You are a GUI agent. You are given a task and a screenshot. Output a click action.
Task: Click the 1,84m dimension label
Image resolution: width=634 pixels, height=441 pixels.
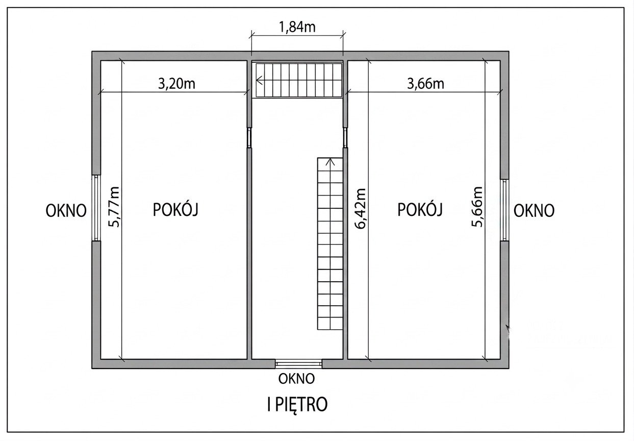click(x=297, y=28)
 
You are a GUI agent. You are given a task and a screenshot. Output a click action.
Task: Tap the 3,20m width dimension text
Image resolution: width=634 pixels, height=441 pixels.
click(x=176, y=84)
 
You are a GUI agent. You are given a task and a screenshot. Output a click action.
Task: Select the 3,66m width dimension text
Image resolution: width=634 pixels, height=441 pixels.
click(x=425, y=84)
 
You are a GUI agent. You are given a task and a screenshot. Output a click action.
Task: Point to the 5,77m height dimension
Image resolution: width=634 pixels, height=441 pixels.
click(x=114, y=207)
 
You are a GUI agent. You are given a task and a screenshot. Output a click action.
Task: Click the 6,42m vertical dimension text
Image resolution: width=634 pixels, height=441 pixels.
click(x=360, y=208)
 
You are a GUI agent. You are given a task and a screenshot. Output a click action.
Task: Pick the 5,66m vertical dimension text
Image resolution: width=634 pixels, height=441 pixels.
click(x=476, y=207)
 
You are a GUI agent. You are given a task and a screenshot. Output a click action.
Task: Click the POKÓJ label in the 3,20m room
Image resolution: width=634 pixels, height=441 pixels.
click(x=175, y=209)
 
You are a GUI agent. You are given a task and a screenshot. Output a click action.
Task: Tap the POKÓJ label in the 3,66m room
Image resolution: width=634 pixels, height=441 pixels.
click(x=420, y=209)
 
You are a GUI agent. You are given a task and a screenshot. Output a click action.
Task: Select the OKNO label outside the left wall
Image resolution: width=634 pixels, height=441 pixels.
click(x=66, y=211)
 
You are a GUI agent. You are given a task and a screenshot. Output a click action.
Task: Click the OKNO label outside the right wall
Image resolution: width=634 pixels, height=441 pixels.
click(x=534, y=211)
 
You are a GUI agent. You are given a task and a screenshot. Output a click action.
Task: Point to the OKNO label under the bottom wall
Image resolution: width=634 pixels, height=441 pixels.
click(x=296, y=379)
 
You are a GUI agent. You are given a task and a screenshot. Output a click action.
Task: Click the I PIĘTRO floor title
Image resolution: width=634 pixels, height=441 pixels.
click(x=297, y=404)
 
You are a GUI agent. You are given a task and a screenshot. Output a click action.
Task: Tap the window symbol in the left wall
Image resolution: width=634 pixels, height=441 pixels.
click(x=96, y=208)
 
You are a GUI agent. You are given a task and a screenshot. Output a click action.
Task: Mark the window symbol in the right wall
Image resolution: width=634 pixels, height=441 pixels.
click(x=504, y=210)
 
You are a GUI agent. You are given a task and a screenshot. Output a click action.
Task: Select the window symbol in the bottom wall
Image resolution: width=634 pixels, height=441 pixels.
click(x=298, y=363)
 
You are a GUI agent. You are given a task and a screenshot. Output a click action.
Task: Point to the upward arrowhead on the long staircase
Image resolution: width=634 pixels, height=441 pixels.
click(x=330, y=162)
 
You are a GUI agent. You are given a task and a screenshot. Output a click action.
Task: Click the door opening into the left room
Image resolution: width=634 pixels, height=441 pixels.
click(x=249, y=138)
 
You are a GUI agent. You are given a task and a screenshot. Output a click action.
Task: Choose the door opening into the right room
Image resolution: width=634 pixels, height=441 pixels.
click(x=345, y=138)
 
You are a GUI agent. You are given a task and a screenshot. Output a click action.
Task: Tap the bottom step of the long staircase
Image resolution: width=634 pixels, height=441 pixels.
click(x=330, y=324)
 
